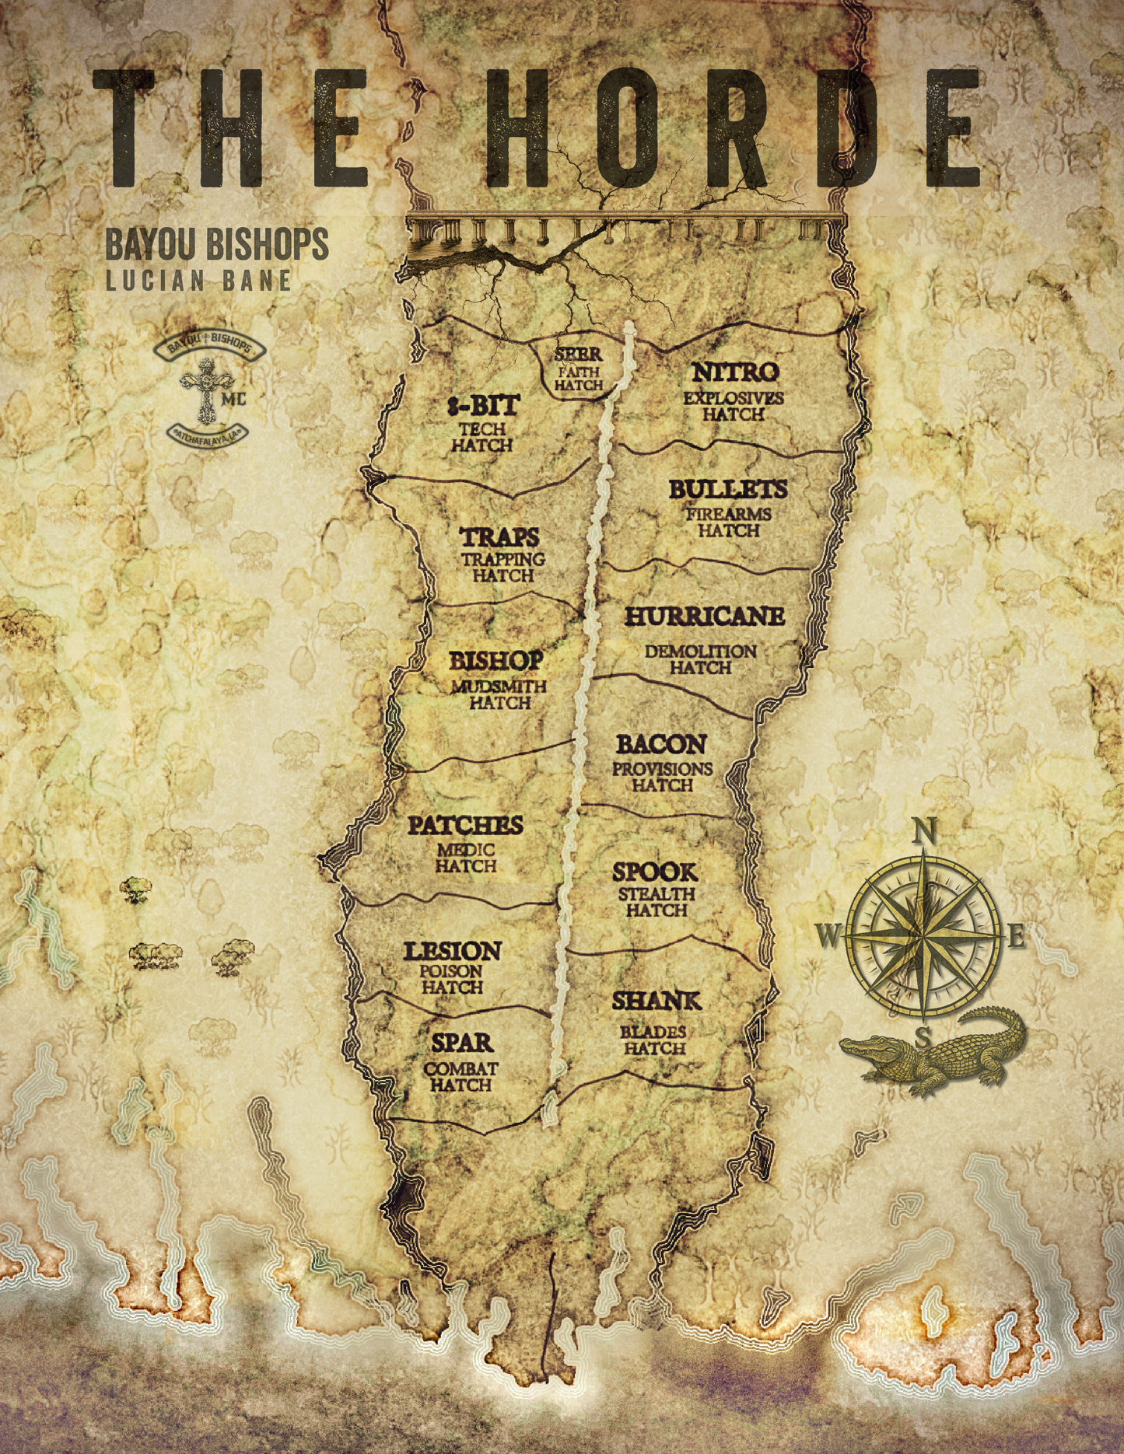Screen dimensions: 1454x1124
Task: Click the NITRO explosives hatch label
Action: (735, 373)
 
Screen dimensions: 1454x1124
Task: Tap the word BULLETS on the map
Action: (728, 489)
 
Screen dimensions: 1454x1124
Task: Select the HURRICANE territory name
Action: (705, 617)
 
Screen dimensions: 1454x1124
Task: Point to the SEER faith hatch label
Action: (578, 355)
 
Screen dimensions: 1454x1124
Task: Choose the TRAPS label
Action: (500, 537)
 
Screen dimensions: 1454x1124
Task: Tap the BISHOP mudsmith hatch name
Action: (496, 661)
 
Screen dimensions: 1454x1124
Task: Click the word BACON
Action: (661, 745)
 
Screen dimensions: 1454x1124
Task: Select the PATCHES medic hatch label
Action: (465, 825)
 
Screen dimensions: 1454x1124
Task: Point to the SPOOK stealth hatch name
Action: (655, 872)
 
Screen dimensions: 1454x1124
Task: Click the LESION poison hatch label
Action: (452, 951)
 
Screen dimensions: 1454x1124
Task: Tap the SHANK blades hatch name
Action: (657, 1001)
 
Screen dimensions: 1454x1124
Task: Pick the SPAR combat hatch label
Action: (462, 1043)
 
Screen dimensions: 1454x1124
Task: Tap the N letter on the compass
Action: (924, 832)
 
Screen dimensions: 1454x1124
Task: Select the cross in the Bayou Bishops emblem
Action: (206, 389)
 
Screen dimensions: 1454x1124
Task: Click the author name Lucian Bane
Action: (199, 281)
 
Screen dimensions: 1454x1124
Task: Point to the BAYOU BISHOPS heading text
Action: (217, 244)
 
